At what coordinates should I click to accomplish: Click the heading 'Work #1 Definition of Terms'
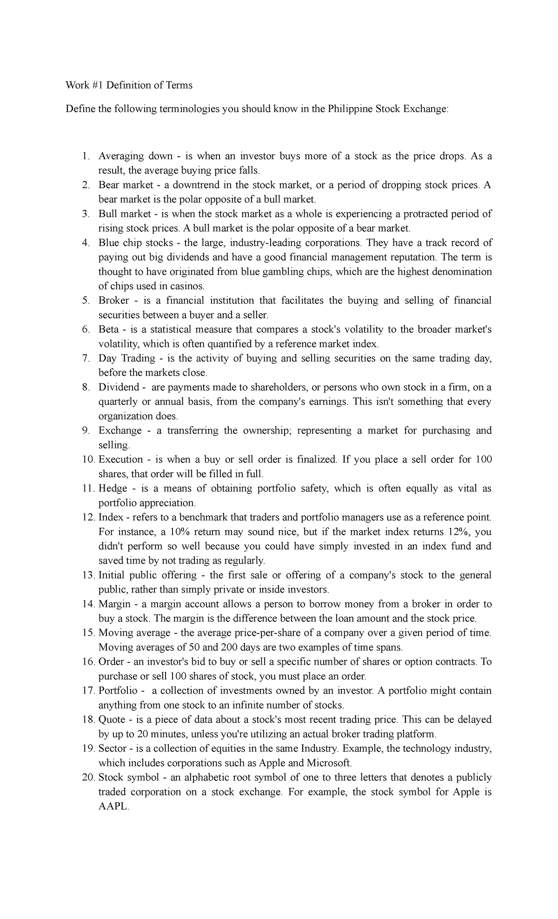pyautogui.click(x=129, y=85)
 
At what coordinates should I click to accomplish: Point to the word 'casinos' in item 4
pyautogui.click(x=188, y=286)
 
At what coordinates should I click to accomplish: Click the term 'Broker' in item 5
pyautogui.click(x=113, y=300)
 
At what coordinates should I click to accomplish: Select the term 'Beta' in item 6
pyautogui.click(x=108, y=329)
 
